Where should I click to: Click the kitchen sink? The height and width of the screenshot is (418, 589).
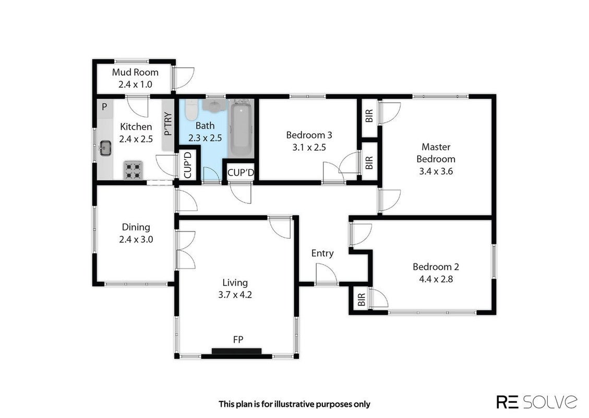pos(105,148)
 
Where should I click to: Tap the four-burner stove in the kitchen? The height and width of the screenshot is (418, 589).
pos(134,170)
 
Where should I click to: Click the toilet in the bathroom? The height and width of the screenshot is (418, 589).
pos(191,109)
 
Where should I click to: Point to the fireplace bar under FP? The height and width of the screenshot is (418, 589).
pos(236,351)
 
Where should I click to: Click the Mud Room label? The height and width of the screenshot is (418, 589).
pos(135,72)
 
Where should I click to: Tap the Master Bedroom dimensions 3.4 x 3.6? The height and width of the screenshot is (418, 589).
pos(436,171)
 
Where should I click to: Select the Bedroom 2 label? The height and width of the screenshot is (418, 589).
pos(436,267)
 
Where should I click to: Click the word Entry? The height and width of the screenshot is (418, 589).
pos(322,253)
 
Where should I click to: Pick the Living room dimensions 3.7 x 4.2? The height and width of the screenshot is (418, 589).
pos(235,295)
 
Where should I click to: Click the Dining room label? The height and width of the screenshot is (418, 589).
pos(136,227)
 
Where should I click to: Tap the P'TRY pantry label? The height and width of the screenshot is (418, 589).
pos(168,124)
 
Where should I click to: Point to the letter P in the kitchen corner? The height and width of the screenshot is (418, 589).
pos(104,107)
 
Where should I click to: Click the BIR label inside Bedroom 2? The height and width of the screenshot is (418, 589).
pos(362,300)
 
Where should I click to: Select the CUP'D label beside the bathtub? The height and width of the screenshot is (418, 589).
pos(241,173)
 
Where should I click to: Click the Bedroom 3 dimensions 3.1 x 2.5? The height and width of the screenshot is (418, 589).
pos(309,147)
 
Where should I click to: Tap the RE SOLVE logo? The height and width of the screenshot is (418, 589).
pos(537,401)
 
